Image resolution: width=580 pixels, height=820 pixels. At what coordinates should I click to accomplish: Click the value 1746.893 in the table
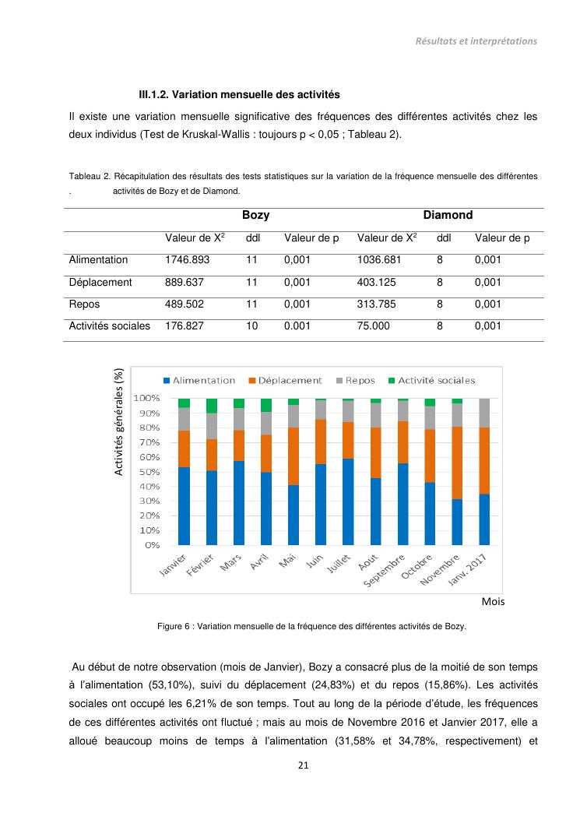coord(187,260)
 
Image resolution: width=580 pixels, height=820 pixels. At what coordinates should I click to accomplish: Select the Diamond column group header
coord(448,215)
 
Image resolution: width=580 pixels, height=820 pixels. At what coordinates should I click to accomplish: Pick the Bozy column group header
coord(255,215)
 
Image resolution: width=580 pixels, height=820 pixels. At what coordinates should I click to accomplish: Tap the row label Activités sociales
coord(110,326)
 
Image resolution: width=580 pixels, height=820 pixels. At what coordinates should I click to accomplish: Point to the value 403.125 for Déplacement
coord(376,283)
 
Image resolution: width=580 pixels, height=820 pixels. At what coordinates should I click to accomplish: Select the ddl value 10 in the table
coord(251,326)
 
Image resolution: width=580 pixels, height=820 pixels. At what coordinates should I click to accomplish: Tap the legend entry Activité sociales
coord(431,381)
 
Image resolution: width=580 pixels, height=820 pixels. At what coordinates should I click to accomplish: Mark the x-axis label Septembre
coord(387,573)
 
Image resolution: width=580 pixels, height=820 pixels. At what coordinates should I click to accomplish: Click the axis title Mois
coord(493,602)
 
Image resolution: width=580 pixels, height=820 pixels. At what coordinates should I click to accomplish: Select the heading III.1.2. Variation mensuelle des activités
coord(239,95)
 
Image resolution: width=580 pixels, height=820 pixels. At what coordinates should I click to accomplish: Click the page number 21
coord(304,765)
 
